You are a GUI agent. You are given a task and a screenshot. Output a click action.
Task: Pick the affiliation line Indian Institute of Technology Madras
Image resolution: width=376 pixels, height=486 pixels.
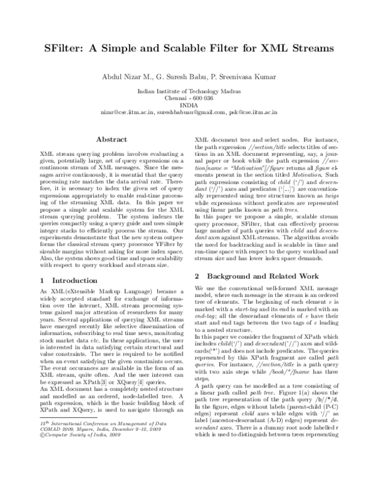188,91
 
